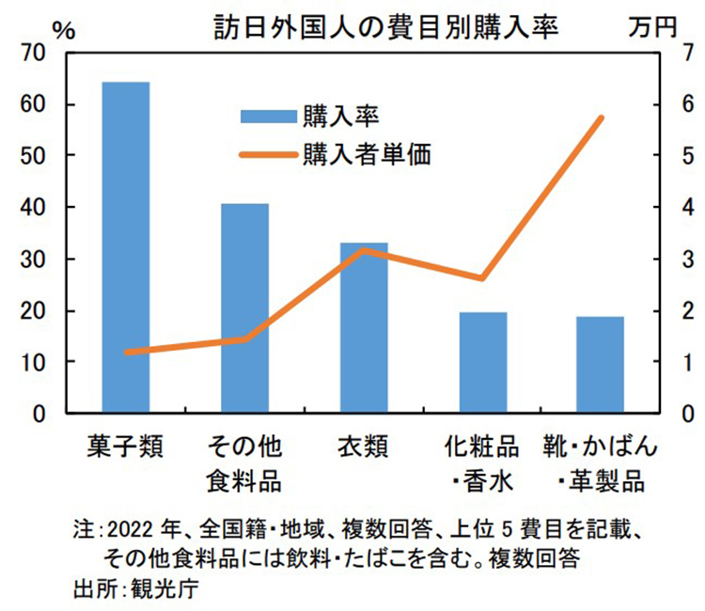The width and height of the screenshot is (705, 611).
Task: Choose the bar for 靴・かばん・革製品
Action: [601, 365]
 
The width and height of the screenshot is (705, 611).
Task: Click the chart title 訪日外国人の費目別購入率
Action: [386, 27]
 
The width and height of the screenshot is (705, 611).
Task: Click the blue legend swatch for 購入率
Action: [269, 116]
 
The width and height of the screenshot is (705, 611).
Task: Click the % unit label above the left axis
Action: [63, 28]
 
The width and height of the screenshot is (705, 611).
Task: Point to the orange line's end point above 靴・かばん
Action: [601, 117]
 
